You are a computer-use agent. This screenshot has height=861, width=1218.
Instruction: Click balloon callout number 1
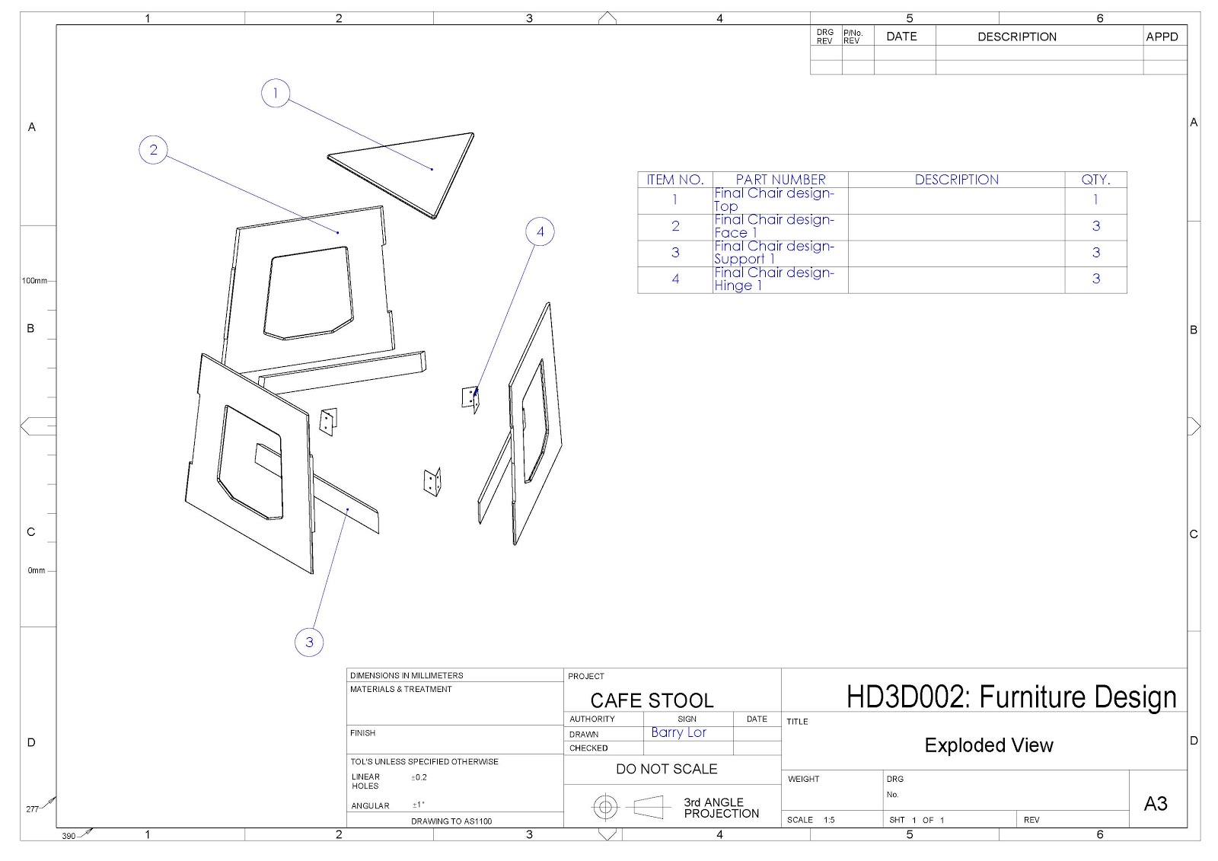coord(275,93)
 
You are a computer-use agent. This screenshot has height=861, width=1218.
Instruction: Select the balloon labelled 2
coord(153,149)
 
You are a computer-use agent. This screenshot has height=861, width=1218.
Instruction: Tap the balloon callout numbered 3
coord(309,643)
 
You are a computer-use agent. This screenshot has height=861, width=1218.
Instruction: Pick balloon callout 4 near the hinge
coord(540,231)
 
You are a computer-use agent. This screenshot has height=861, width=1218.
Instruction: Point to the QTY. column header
coord(1095,180)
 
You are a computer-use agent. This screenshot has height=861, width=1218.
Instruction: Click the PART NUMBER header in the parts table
coord(780,180)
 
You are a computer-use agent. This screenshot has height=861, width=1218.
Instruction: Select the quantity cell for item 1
coord(1095,199)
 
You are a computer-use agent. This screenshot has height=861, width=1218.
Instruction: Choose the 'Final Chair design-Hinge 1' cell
coord(773,279)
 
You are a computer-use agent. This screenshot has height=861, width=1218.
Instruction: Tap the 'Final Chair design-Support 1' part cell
coord(773,253)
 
